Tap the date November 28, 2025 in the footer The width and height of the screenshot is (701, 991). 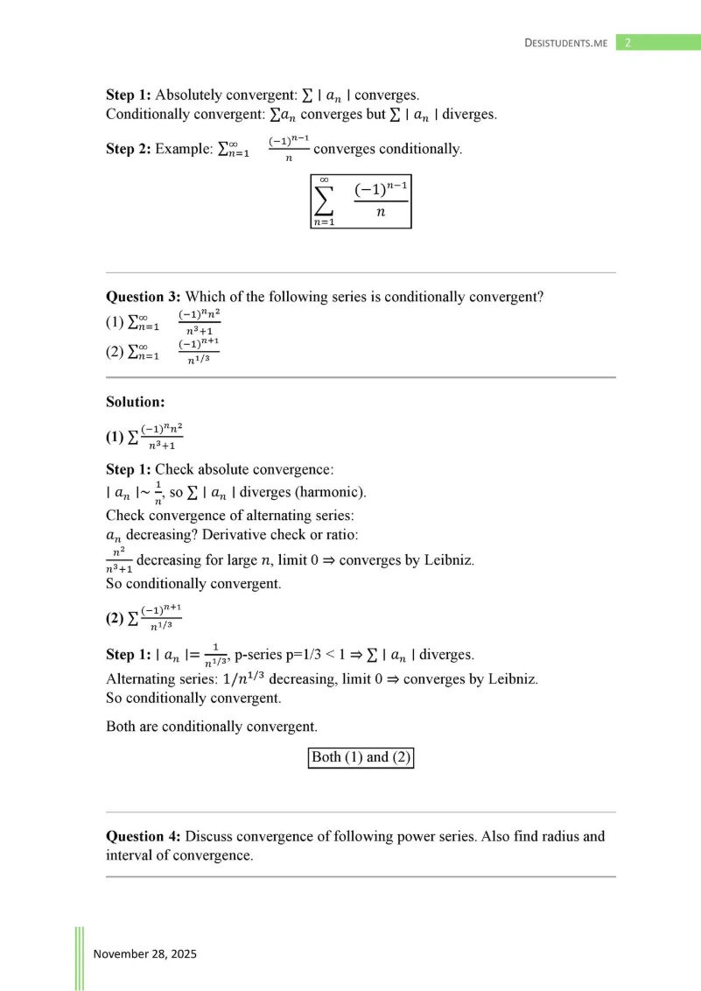(x=145, y=953)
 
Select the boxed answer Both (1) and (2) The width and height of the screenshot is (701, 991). (x=361, y=757)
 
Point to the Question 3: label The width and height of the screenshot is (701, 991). (x=144, y=297)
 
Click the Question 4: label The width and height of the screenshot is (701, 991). (x=144, y=836)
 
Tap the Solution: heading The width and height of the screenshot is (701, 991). (x=135, y=402)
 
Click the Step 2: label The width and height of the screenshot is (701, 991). (x=128, y=149)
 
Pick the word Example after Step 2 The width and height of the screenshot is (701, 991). (x=184, y=149)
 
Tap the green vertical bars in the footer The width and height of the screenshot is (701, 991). (x=80, y=958)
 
